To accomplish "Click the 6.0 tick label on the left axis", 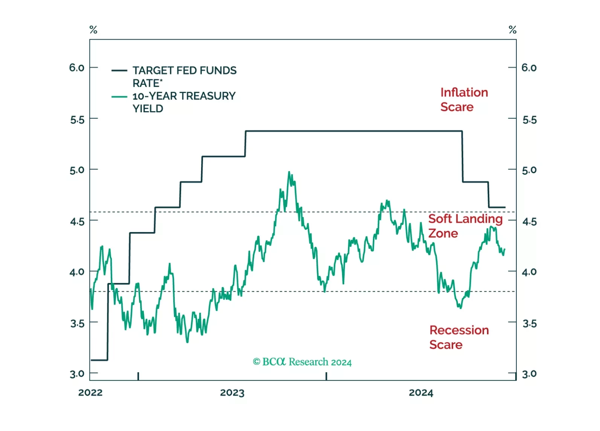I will coord(77,68).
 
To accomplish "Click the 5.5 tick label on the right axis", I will coord(529,120).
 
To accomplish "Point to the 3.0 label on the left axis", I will coord(77,374).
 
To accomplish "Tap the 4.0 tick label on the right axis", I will coord(529,272).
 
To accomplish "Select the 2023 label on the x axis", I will coord(232,393).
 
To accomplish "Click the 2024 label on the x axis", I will coord(421,393).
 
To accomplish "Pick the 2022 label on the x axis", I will coord(90,393).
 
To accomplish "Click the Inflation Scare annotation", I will coord(464,100).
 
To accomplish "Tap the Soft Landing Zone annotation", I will coord(465,226).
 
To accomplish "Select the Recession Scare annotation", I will coord(459,338).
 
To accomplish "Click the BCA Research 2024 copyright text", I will coord(302,362).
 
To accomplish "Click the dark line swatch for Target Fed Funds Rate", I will coord(119,70).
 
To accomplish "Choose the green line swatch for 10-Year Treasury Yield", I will coord(119,97).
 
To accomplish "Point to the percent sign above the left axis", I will coord(93,30).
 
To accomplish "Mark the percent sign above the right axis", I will coord(512,30).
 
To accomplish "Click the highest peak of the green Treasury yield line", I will coord(289,172).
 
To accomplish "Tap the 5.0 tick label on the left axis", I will coord(77,170).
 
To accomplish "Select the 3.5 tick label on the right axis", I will coord(529,324).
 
